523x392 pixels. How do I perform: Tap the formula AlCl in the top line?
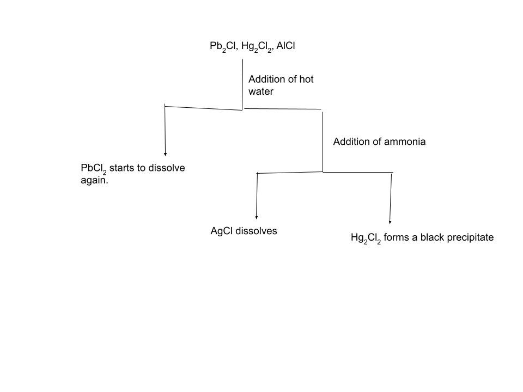[x=285, y=47]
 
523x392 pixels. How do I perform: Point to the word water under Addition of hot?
[x=261, y=91]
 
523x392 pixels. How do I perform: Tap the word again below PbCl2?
[x=94, y=181]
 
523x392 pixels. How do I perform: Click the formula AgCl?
[x=221, y=231]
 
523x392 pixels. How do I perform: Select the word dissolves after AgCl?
[x=256, y=231]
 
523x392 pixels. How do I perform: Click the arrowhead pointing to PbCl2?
[x=165, y=154]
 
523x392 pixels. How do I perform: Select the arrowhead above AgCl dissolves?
[x=256, y=216]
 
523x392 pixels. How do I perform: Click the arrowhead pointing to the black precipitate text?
[x=390, y=222]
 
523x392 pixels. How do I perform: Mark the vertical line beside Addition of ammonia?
[x=323, y=142]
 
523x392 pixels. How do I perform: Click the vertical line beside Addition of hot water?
[x=242, y=84]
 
